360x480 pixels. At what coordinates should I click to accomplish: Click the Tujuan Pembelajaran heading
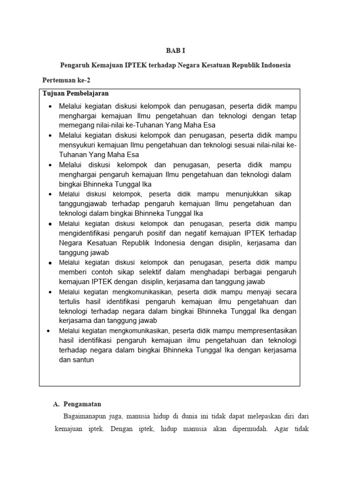pyautogui.click(x=75, y=93)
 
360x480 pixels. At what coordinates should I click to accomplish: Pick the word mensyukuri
pyautogui.click(x=77, y=145)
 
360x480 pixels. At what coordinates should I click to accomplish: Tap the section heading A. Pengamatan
pyautogui.click(x=77, y=404)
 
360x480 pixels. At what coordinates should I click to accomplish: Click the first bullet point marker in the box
pyautogui.click(x=50, y=106)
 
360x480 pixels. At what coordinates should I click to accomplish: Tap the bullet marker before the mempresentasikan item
pyautogui.click(x=50, y=330)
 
